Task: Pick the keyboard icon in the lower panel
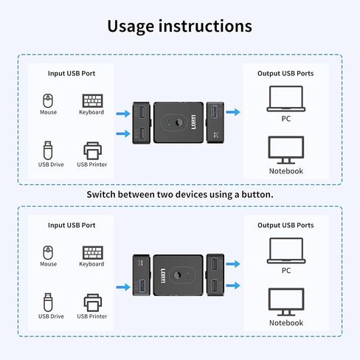[91, 252]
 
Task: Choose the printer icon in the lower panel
[91, 302]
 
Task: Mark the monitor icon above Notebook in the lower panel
[285, 302]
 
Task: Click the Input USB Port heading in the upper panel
[71, 73]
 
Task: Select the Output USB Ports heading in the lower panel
[285, 225]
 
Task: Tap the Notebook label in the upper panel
[285, 171]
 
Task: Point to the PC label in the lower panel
[285, 270]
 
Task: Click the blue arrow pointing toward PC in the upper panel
[233, 112]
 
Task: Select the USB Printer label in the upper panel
[91, 164]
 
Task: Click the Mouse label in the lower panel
[49, 264]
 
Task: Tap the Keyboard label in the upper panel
[91, 112]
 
